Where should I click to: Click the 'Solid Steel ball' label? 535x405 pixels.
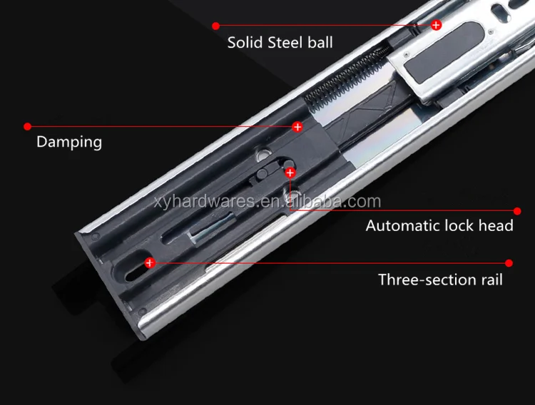tap(280, 43)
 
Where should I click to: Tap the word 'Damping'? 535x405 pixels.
tap(69, 142)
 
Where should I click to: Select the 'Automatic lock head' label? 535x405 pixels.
tap(439, 226)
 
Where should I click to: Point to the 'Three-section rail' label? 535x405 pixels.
tap(440, 280)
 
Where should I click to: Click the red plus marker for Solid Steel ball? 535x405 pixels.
tap(436, 25)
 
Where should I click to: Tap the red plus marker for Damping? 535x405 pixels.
tap(297, 127)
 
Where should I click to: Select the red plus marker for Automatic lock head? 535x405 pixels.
tap(290, 173)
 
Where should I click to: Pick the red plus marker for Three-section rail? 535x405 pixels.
tap(149, 262)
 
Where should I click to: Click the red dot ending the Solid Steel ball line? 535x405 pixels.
tap(215, 26)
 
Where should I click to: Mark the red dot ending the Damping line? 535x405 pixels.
tap(27, 126)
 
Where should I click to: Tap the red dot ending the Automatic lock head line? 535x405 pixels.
tap(517, 211)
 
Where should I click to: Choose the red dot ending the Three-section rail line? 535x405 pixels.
tap(509, 262)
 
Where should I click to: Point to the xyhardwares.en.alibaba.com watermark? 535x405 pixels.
tap(266, 202)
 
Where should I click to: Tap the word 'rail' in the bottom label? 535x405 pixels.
tap(489, 280)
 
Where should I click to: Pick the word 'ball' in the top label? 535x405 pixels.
tap(320, 43)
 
